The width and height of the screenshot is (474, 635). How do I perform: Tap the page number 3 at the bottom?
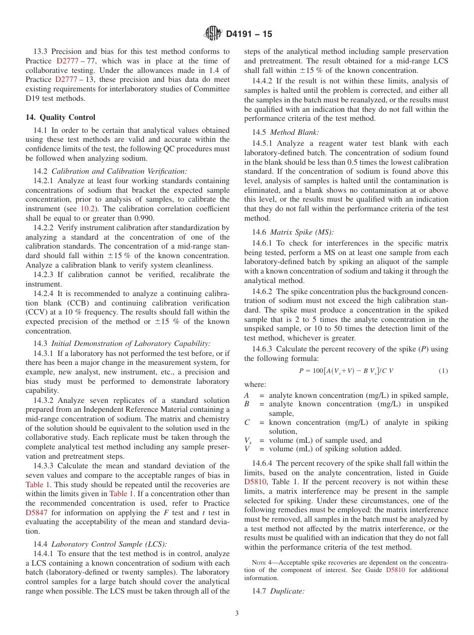point(237,614)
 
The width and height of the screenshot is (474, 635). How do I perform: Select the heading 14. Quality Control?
point(60,117)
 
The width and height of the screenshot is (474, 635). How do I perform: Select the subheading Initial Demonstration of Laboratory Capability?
point(131,343)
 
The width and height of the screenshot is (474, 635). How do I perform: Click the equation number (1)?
point(443,371)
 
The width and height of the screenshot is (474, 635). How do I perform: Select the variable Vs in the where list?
point(247,441)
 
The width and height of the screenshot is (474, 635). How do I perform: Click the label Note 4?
point(261,561)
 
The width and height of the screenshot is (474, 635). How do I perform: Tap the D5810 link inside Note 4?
point(396,570)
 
